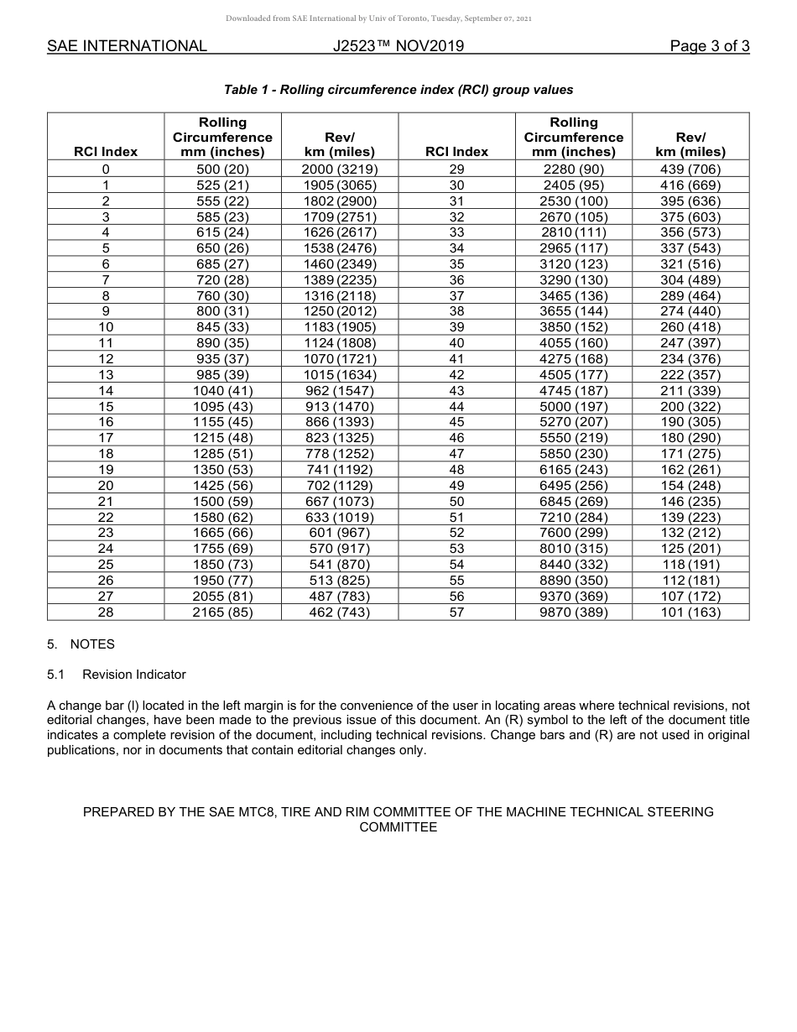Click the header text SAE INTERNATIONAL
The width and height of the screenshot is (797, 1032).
[x=127, y=46]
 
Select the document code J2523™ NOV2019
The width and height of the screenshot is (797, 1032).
[x=398, y=46]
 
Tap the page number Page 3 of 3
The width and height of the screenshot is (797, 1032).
[x=709, y=46]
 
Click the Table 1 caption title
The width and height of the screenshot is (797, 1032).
[x=398, y=90]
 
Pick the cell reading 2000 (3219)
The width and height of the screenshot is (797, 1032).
[x=340, y=169]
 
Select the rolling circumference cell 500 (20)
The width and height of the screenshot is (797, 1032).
[x=222, y=169]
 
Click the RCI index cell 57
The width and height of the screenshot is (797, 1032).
[x=456, y=612]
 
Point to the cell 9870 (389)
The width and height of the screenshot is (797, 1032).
[x=574, y=612]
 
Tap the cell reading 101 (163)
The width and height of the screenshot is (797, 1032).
[x=690, y=612]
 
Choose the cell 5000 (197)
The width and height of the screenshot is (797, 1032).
[x=574, y=406]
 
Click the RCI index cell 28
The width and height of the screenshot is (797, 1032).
[x=106, y=612]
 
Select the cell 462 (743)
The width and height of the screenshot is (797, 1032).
[x=340, y=612]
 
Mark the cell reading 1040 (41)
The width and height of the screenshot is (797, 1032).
[x=222, y=390]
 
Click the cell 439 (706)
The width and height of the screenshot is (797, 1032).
[x=690, y=169]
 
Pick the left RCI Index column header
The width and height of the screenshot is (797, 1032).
[x=106, y=152]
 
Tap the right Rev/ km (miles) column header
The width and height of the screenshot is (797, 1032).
[x=690, y=144]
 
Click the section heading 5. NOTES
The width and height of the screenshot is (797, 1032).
[x=81, y=644]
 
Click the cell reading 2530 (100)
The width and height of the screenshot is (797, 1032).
[x=574, y=201]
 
